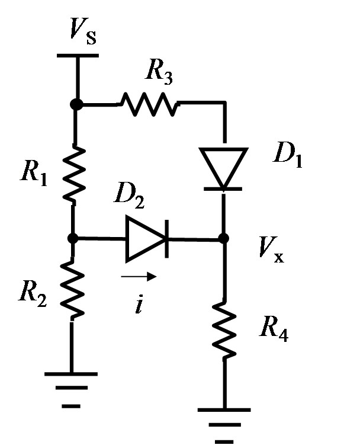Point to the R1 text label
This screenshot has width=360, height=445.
click(32, 171)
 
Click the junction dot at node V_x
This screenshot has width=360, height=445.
click(223, 239)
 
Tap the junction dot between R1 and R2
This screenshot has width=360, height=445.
click(73, 239)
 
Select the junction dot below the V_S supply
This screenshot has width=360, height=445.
click(75, 104)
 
